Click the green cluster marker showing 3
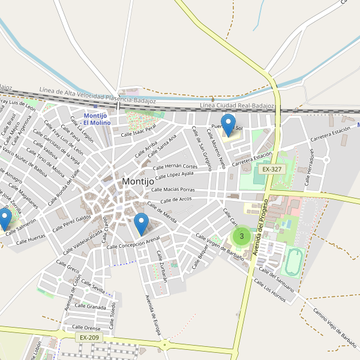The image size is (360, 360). click(x=242, y=236)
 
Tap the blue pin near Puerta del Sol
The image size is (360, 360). click(x=228, y=124)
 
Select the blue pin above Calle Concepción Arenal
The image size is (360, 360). click(x=141, y=224)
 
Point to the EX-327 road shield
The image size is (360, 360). click(x=272, y=170)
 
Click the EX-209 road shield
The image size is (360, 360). click(x=89, y=338)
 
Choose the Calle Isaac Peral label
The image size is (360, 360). click(x=139, y=130)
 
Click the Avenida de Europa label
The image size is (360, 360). click(x=153, y=315)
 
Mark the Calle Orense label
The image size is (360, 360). click(x=86, y=328)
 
